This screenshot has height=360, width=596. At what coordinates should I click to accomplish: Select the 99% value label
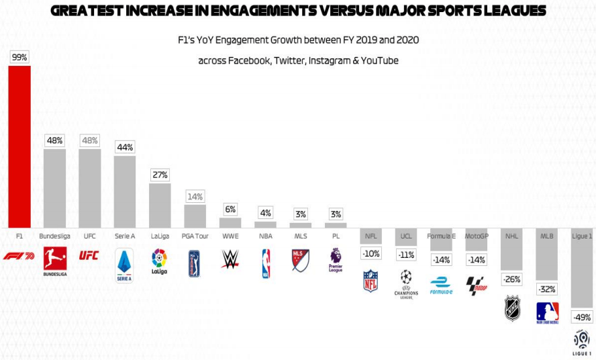(x=19, y=57)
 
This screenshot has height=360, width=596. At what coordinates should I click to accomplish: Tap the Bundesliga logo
(x=54, y=262)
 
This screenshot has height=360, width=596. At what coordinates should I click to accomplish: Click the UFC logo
(x=89, y=255)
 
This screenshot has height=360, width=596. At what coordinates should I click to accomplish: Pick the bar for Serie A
(x=125, y=191)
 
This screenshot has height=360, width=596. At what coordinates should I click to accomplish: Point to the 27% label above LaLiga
(x=160, y=175)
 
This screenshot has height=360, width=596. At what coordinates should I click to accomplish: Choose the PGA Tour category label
(x=195, y=236)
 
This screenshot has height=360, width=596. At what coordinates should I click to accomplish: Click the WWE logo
(x=230, y=259)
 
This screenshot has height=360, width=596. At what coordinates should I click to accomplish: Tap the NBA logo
(x=266, y=263)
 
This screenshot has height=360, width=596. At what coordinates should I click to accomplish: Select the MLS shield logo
(x=301, y=261)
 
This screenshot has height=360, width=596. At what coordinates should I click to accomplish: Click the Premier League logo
(x=336, y=260)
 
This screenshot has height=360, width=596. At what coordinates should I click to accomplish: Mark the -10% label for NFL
(x=370, y=254)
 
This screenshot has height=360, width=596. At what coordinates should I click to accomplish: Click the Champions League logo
(x=405, y=283)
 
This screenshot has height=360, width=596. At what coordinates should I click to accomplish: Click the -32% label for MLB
(x=547, y=289)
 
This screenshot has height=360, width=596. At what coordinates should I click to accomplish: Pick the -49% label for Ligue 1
(x=581, y=317)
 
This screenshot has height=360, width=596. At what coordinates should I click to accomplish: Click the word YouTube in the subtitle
(x=380, y=60)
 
